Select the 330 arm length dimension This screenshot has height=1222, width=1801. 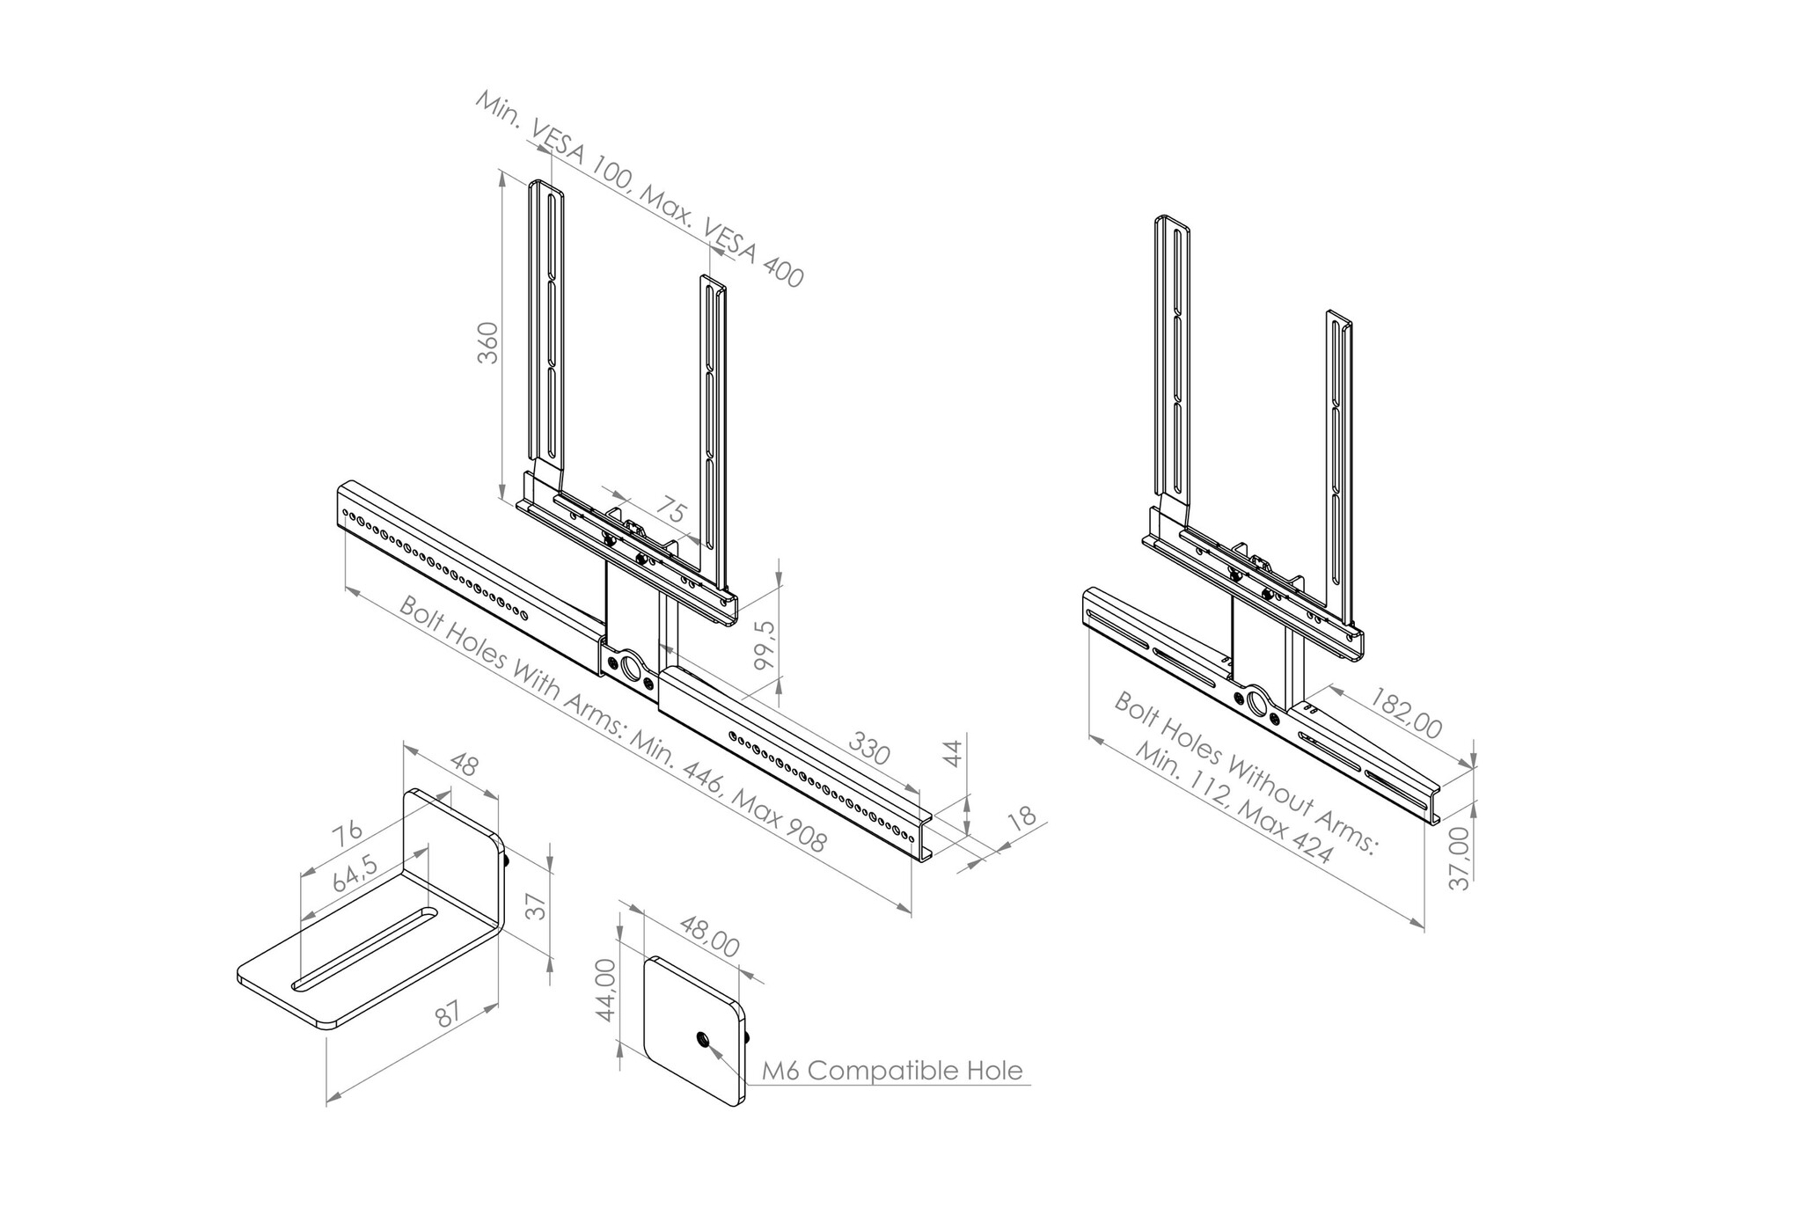869,749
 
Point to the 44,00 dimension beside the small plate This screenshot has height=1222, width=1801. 605,991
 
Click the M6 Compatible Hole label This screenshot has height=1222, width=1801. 892,1071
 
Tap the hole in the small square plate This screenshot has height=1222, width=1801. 703,1041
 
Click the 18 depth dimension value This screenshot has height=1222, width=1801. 1021,819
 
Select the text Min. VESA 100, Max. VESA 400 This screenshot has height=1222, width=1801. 640,188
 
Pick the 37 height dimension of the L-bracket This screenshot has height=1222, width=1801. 538,904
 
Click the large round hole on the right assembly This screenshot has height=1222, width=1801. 1256,703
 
